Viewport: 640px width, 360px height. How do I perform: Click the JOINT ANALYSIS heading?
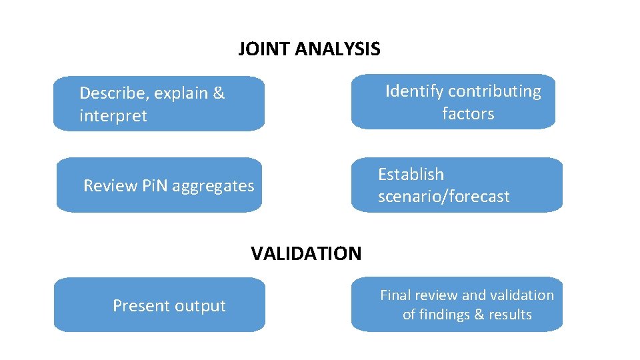[x=309, y=49]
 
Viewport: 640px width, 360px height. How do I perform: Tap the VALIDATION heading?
[x=306, y=253]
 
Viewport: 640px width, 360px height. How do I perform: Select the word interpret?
[x=113, y=116]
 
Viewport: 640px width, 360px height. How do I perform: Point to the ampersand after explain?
[x=219, y=93]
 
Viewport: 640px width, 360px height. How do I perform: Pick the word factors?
[x=468, y=114]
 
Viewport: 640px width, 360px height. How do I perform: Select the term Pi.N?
[x=155, y=186]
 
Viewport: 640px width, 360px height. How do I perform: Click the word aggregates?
[x=213, y=186]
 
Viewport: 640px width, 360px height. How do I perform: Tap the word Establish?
[x=411, y=175]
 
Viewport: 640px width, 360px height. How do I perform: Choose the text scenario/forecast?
[x=443, y=197]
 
